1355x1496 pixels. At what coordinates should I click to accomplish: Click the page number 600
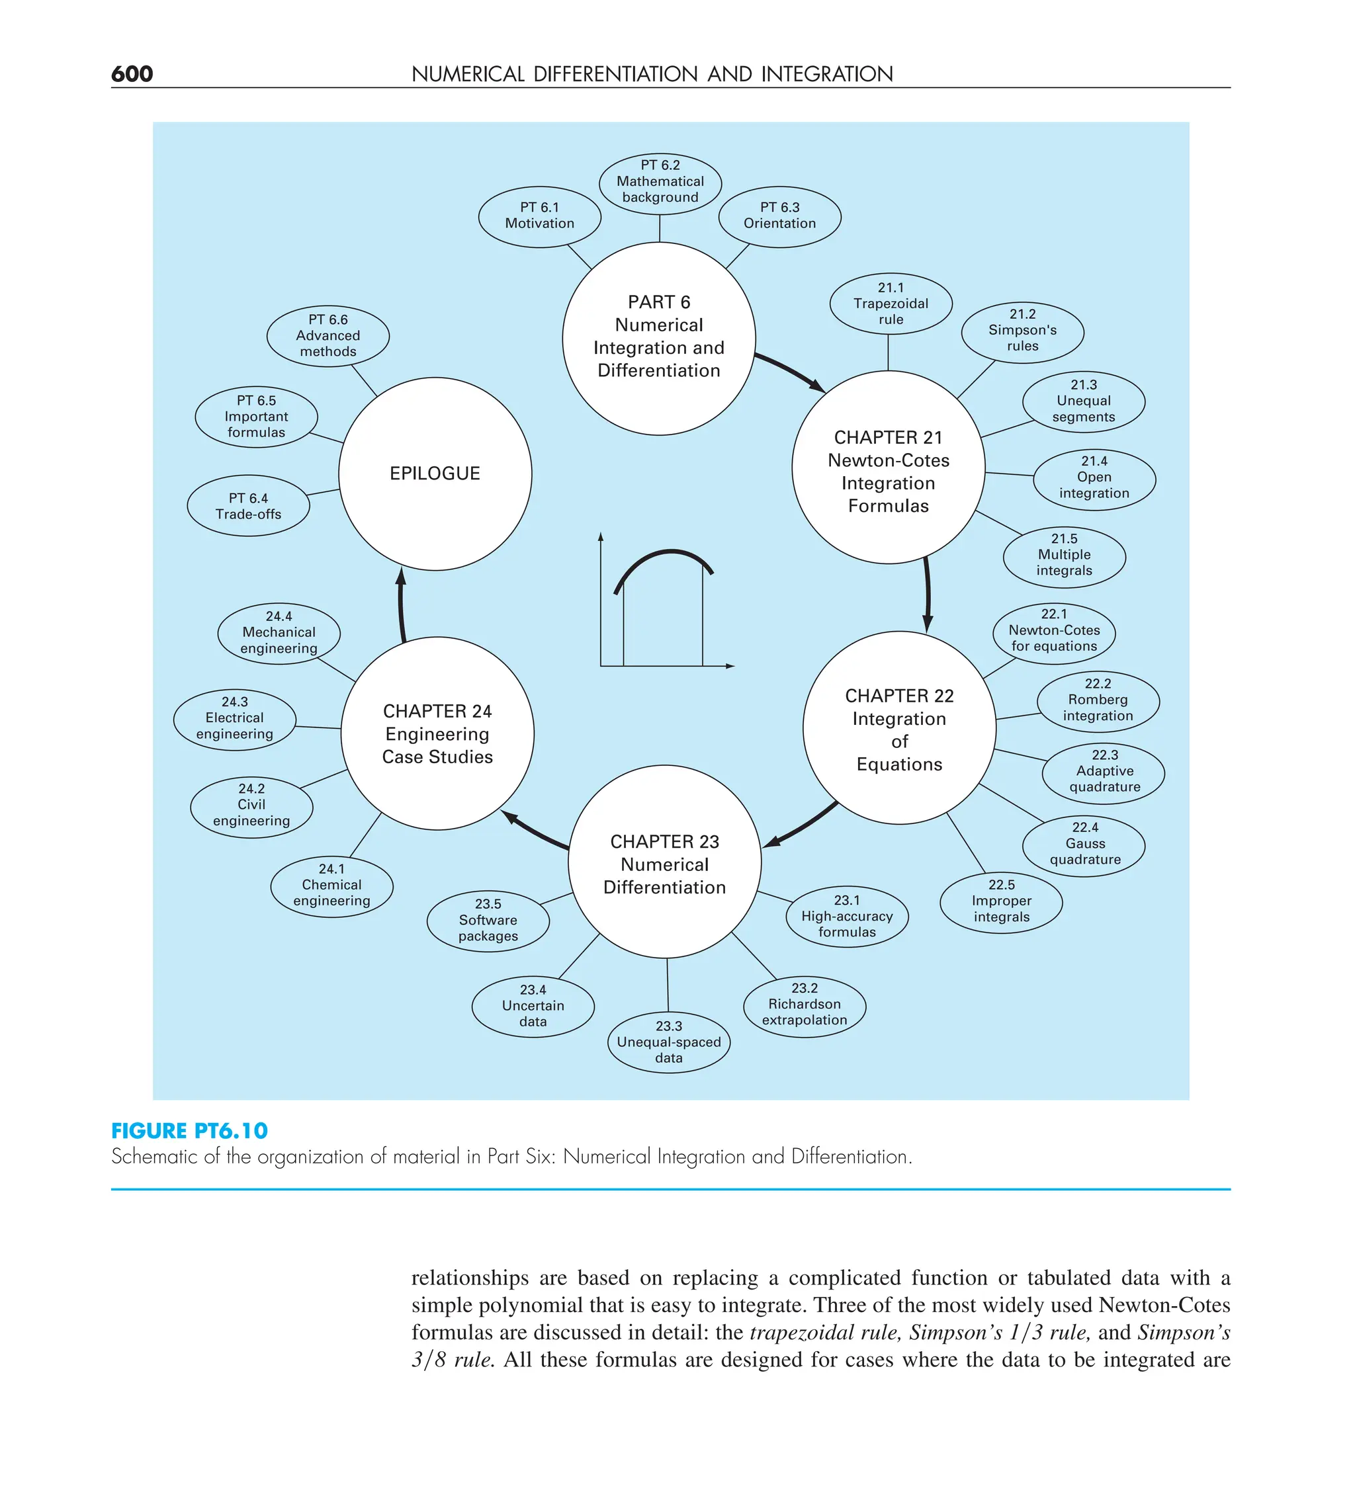pyautogui.click(x=132, y=74)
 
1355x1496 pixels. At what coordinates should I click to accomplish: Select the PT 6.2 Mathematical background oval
pyautogui.click(x=660, y=182)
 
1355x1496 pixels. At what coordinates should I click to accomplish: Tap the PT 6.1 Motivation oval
pyautogui.click(x=540, y=216)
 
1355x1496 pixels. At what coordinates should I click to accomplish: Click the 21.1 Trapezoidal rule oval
pyautogui.click(x=891, y=304)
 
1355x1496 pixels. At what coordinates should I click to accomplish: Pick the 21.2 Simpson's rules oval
pyautogui.click(x=1022, y=331)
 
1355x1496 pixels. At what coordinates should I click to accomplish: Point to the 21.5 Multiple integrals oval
pyautogui.click(x=1064, y=555)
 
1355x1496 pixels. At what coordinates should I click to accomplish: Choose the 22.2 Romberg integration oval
pyautogui.click(x=1098, y=700)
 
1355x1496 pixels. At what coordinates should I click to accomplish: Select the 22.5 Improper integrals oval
pyautogui.click(x=1001, y=901)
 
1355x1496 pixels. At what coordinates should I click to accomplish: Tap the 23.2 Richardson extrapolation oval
pyautogui.click(x=805, y=1005)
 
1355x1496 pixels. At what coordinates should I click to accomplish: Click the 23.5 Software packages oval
pyautogui.click(x=488, y=920)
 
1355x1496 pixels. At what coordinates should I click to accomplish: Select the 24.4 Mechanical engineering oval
pyautogui.click(x=279, y=633)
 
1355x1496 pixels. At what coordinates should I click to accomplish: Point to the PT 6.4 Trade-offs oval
pyautogui.click(x=249, y=506)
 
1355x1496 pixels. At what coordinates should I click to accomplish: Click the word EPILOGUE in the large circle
pyautogui.click(x=435, y=474)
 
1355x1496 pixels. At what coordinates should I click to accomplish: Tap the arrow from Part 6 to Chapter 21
pyautogui.click(x=790, y=370)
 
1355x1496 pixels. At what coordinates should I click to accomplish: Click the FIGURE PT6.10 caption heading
pyautogui.click(x=189, y=1131)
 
